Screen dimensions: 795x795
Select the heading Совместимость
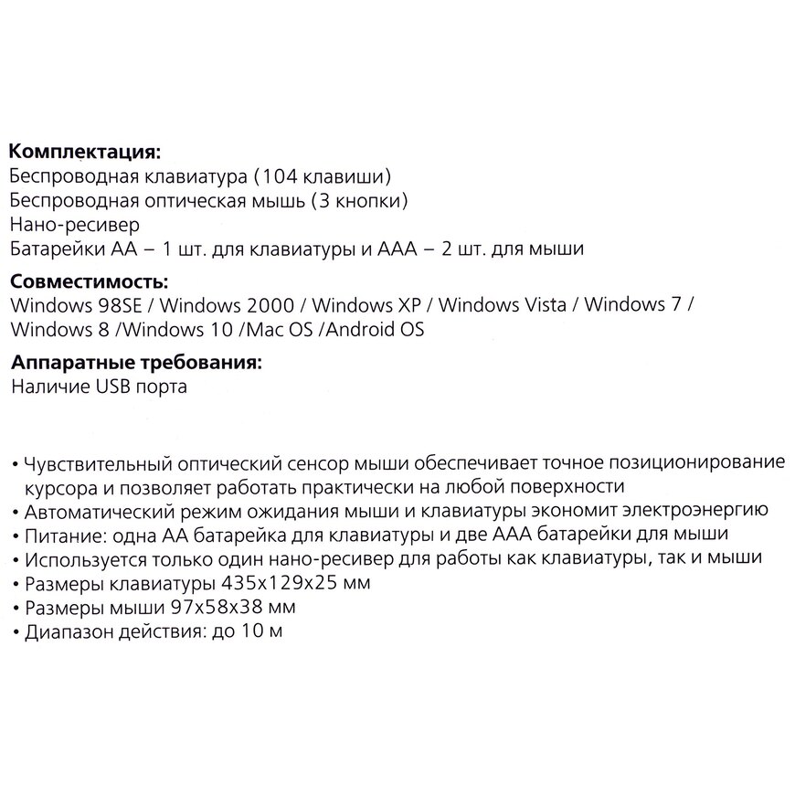click(x=88, y=280)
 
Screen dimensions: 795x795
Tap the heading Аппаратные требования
click(x=136, y=363)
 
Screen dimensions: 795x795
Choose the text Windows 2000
click(x=230, y=304)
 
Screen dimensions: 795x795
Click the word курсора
click(x=58, y=484)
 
